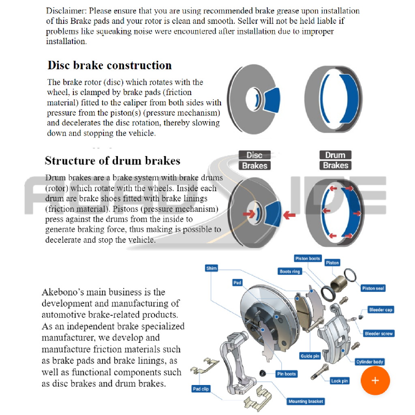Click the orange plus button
(x=375, y=381)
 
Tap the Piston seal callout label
(x=373, y=288)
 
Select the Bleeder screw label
(x=379, y=334)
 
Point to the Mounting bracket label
(x=306, y=401)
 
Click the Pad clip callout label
(x=201, y=389)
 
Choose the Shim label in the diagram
(x=212, y=268)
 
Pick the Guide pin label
(x=310, y=356)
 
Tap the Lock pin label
(x=339, y=381)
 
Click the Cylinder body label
(x=370, y=362)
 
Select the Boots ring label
(x=290, y=272)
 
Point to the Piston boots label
(x=308, y=258)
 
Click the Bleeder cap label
(x=381, y=310)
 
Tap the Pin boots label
(x=287, y=374)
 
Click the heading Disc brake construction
(x=109, y=65)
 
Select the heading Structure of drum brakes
(x=112, y=160)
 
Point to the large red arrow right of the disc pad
(x=289, y=215)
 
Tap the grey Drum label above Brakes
(x=335, y=155)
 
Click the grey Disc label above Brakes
(x=255, y=155)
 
